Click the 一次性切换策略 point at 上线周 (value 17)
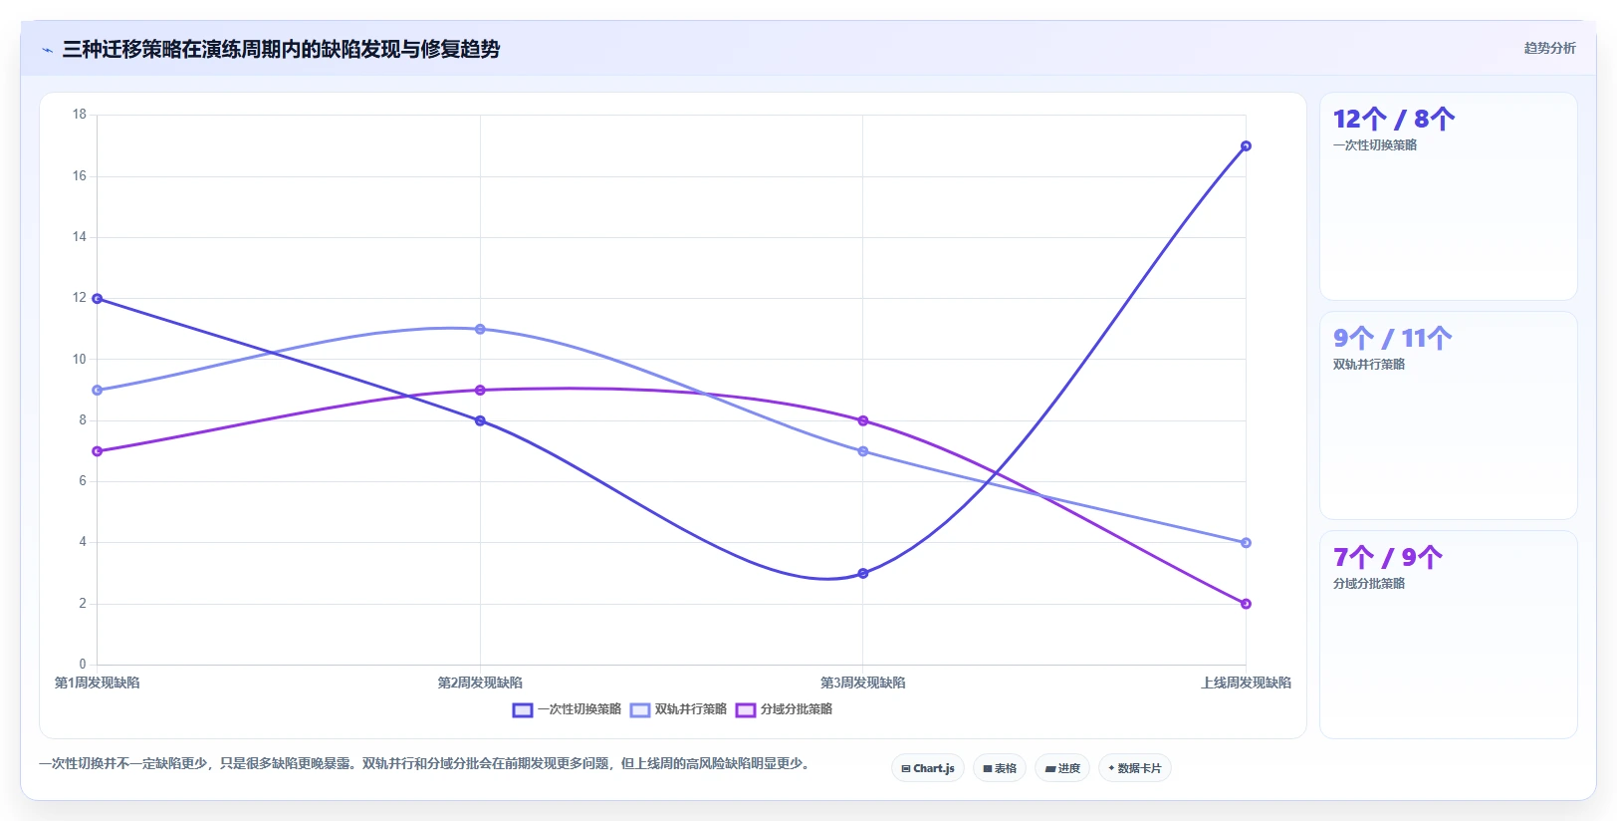(1246, 145)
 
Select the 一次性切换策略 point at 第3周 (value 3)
(862, 573)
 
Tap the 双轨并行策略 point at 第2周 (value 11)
(480, 329)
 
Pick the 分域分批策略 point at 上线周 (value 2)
(1246, 604)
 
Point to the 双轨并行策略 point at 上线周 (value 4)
(1246, 542)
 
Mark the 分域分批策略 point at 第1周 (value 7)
(98, 451)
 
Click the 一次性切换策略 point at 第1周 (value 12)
(98, 298)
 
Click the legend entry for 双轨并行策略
(678, 709)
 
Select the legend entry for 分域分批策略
(784, 709)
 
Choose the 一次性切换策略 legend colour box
(523, 710)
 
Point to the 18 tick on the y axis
(80, 115)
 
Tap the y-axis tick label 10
(80, 359)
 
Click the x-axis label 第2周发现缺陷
(480, 684)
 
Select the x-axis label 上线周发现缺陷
(1246, 684)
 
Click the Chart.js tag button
(928, 768)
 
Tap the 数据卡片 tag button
(1135, 768)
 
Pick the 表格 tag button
(1000, 768)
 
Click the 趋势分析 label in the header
(1549, 49)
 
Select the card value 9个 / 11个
(1393, 338)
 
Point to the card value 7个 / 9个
(1387, 557)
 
